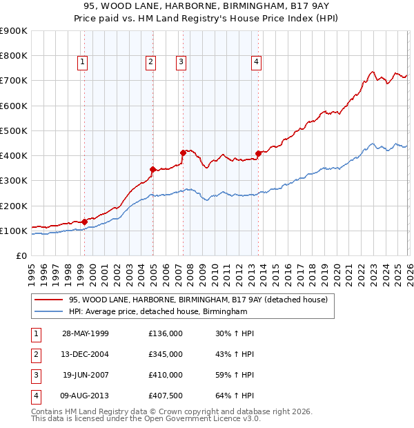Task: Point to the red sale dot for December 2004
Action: coord(152,169)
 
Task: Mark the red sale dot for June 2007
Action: coord(184,153)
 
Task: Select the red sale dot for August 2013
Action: coord(258,153)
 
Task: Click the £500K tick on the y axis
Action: coord(13,130)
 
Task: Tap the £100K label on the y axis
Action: coord(13,231)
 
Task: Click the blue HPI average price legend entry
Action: coord(157,312)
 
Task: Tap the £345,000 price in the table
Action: coord(166,354)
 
